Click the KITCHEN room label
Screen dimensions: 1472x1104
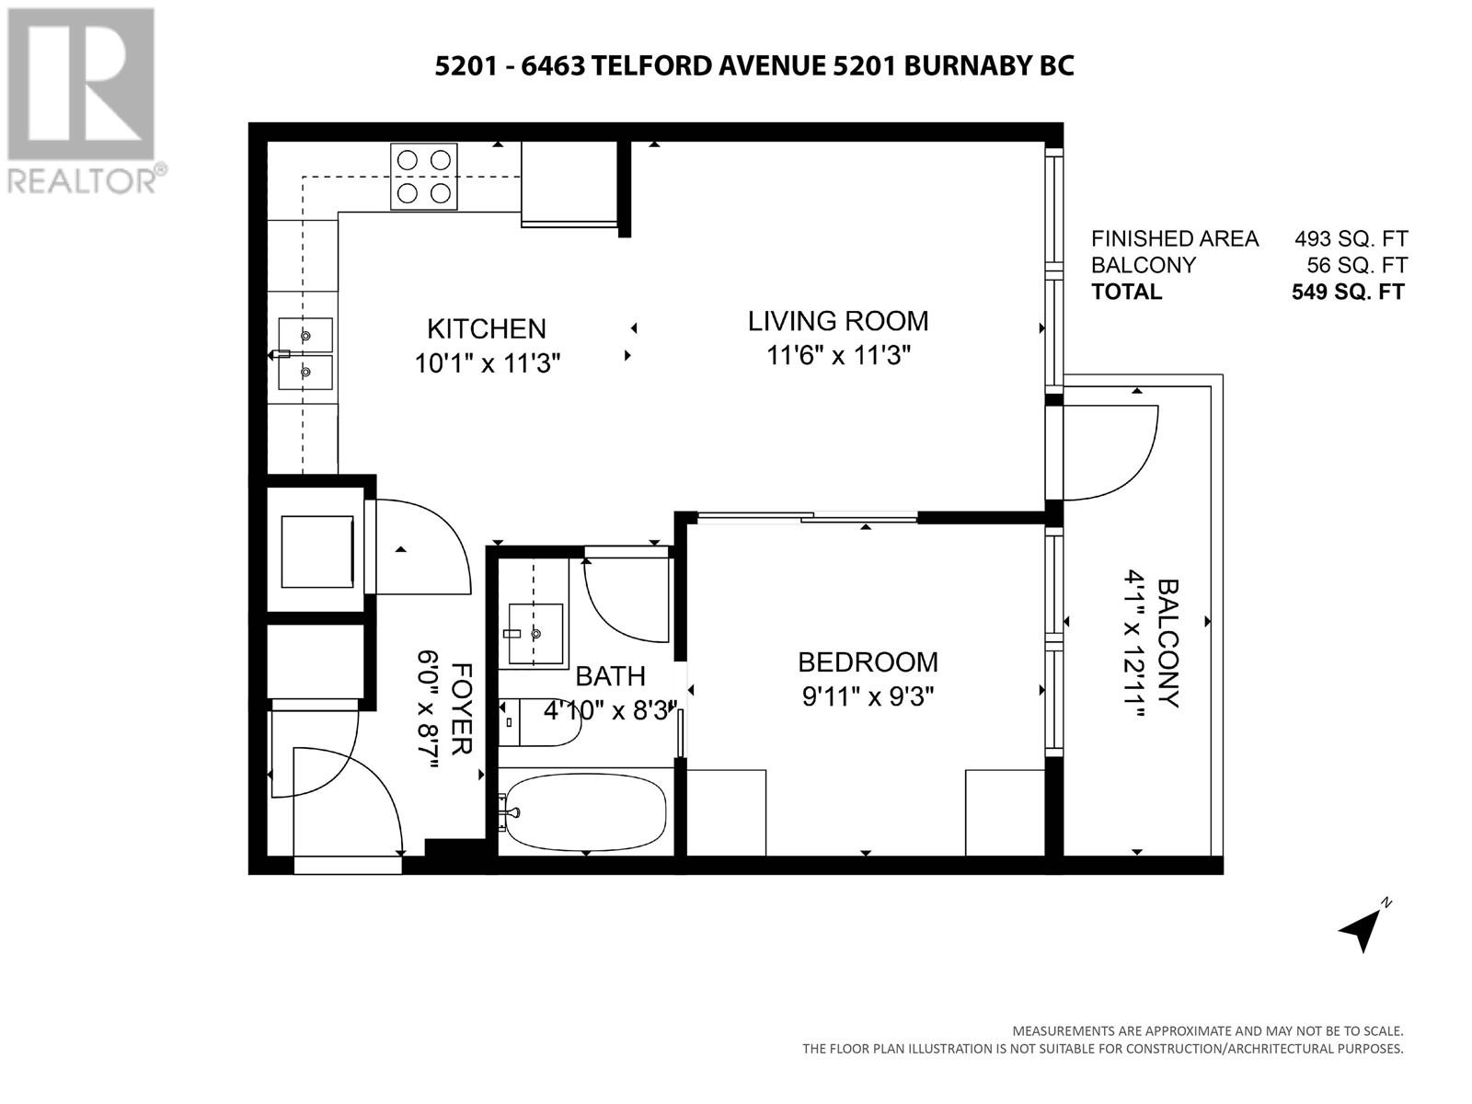pos(486,329)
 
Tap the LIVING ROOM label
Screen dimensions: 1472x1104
pos(837,321)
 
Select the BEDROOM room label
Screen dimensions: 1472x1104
pos(868,662)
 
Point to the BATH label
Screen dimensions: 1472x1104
pos(610,676)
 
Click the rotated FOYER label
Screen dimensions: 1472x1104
pos(462,708)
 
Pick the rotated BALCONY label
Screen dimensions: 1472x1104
pos(1168,643)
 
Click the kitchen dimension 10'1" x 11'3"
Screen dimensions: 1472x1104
pos(487,364)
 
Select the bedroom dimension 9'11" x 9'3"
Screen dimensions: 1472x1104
pos(868,697)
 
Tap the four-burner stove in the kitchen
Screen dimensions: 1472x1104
pos(424,177)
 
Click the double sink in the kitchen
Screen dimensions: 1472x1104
pos(305,353)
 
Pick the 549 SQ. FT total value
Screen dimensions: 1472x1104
pos(1348,293)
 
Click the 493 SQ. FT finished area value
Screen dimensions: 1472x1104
pos(1351,238)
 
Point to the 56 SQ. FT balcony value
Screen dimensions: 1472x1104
pos(1357,266)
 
